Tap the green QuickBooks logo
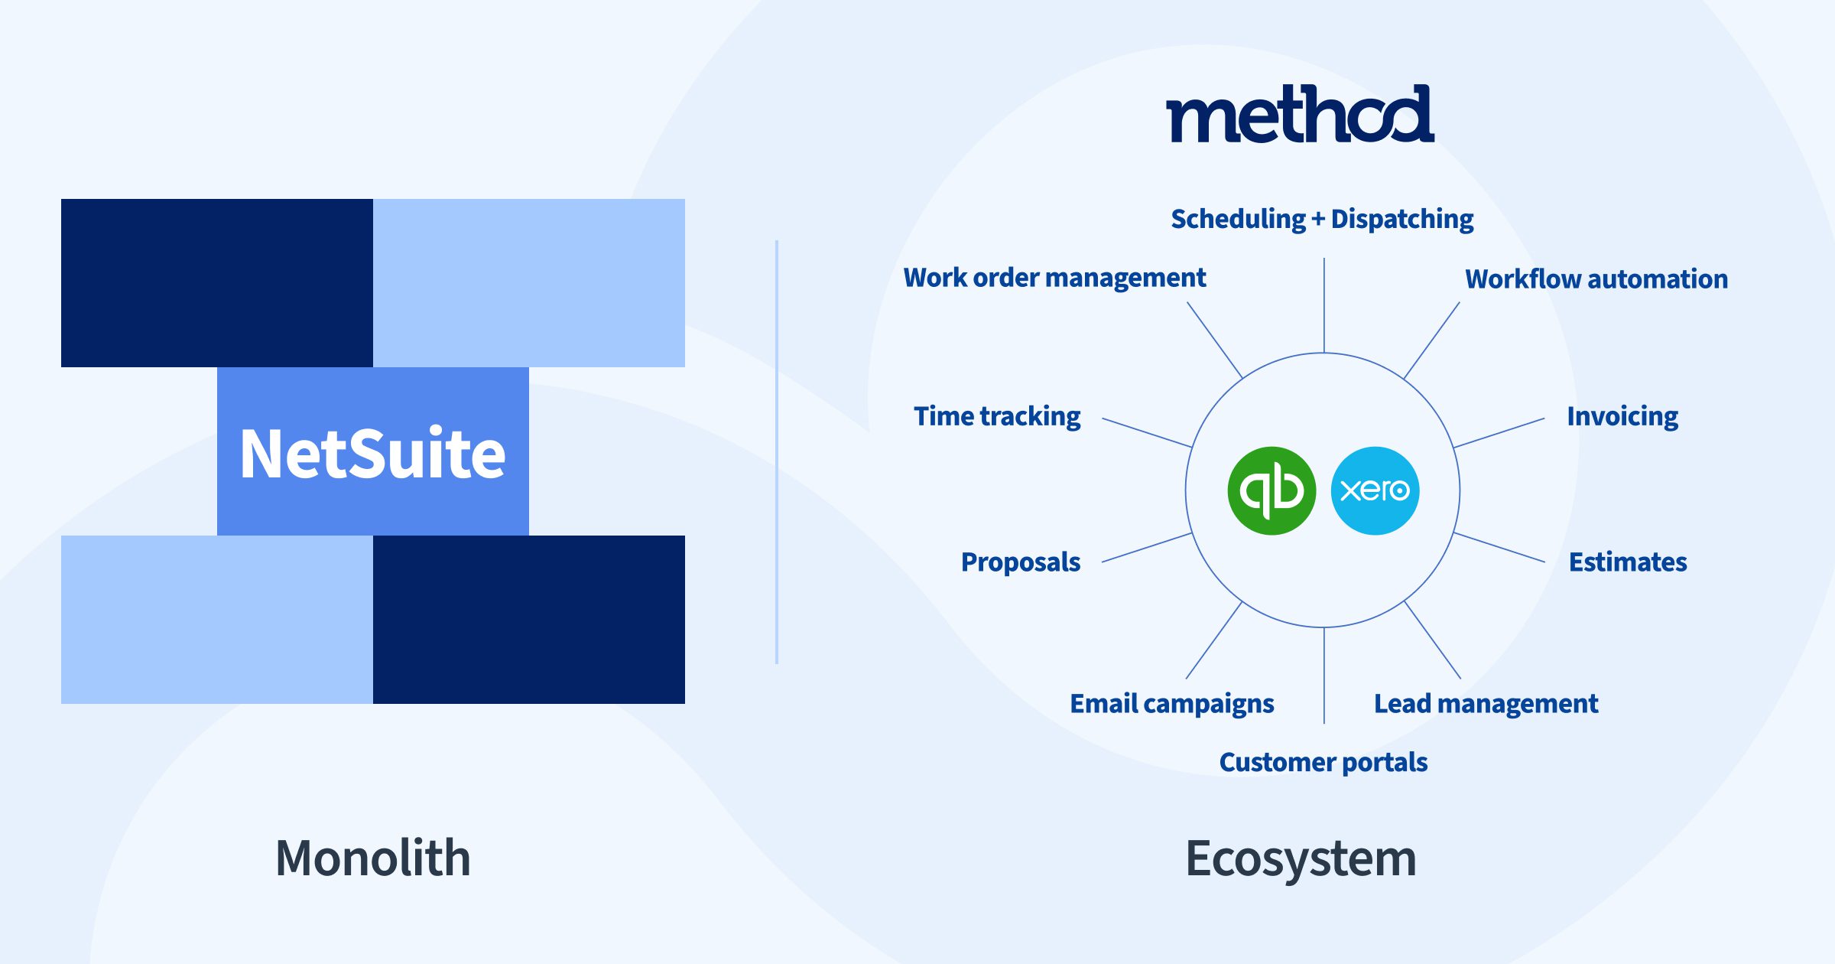(x=1272, y=490)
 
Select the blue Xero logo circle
(x=1375, y=490)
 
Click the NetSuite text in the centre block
(x=373, y=454)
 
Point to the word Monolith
(x=373, y=858)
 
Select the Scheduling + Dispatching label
(x=1323, y=219)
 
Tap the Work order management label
(x=1055, y=278)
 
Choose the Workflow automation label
(x=1596, y=278)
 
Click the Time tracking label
(x=998, y=416)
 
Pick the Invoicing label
(x=1622, y=416)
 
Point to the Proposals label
(x=1021, y=562)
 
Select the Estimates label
(x=1628, y=562)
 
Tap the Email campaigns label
(x=1172, y=704)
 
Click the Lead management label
(x=1486, y=704)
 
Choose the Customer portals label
(x=1323, y=762)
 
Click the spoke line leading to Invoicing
(x=1499, y=433)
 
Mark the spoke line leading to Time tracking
(x=1147, y=433)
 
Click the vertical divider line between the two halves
(x=777, y=452)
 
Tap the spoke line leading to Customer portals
(x=1324, y=676)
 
